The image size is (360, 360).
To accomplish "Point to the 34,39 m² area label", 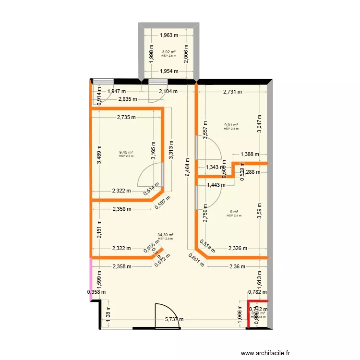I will [165, 235].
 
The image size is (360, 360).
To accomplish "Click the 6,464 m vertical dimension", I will [188, 168].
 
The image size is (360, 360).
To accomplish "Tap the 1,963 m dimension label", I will [168, 35].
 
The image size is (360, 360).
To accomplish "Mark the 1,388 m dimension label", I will [249, 154].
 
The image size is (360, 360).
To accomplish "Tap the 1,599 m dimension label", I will [99, 280].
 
